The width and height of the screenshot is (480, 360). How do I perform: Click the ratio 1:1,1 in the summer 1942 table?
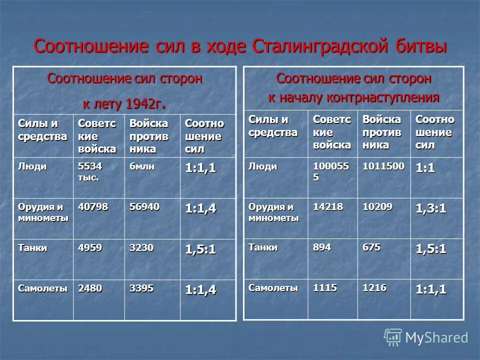[200, 169]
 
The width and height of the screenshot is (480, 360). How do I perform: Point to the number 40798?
[91, 207]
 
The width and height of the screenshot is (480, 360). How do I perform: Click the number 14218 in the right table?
[328, 206]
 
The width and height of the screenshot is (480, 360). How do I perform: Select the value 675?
[371, 247]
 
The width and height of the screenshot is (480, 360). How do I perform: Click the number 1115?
[325, 287]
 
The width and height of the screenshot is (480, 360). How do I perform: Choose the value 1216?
[374, 287]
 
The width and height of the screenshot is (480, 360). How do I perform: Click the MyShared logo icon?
[393, 337]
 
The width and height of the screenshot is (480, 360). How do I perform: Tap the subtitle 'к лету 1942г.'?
[124, 103]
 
